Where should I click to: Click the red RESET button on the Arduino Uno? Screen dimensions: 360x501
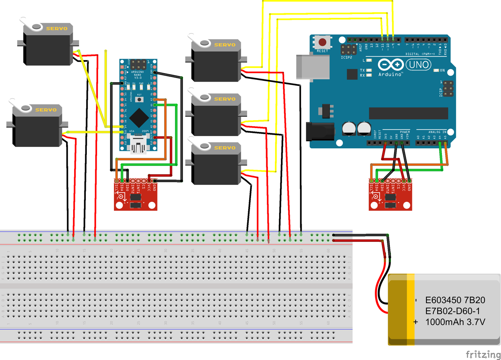pos(322,43)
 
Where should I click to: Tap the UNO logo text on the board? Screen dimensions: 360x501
pos(419,65)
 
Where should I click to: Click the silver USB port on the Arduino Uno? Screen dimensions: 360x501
pos(312,66)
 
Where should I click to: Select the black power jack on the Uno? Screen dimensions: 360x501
pos(320,131)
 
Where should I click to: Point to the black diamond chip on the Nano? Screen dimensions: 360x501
pos(139,118)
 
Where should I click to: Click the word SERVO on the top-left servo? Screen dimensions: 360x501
pos(57,28)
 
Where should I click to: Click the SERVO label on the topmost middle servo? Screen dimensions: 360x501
pos(225,45)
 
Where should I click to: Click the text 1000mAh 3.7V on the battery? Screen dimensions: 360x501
pos(455,322)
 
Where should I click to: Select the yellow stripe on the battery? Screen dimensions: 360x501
pos(411,309)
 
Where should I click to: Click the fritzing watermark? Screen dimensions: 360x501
pos(483,354)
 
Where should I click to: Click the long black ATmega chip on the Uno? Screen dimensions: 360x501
pos(408,113)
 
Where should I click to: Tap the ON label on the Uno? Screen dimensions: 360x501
pos(442,70)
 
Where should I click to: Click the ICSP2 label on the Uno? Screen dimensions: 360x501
pos(346,57)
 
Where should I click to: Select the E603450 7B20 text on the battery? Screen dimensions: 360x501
pos(455,300)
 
